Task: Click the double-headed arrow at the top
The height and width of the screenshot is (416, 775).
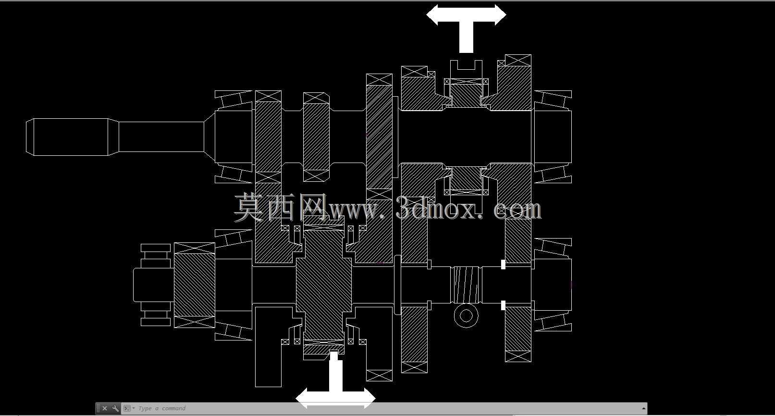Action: point(466,15)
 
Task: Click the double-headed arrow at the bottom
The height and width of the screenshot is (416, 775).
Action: point(335,398)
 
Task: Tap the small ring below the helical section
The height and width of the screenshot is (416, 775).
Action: point(466,315)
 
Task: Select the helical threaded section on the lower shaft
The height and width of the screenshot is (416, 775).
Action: point(466,285)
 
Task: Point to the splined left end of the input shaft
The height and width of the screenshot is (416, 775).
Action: point(67,137)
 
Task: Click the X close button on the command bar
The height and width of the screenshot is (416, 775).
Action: point(105,408)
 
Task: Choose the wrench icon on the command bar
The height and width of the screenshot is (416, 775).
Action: point(115,408)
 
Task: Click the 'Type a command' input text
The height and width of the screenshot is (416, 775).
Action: point(162,408)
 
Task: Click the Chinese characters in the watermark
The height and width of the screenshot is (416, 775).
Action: point(281,207)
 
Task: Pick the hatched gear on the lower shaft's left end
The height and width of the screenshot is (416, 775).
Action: point(195,285)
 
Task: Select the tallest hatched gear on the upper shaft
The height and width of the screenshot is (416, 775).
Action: point(379,137)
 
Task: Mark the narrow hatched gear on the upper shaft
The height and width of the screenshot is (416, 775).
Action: point(316,137)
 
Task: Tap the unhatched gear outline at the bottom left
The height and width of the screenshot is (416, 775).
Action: point(269,347)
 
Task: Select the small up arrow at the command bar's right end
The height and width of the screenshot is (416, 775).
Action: point(643,408)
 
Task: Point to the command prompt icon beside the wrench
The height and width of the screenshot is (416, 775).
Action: point(127,408)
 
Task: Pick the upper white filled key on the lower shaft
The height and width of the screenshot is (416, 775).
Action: point(503,265)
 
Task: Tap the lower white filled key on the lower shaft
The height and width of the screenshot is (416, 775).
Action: point(503,305)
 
